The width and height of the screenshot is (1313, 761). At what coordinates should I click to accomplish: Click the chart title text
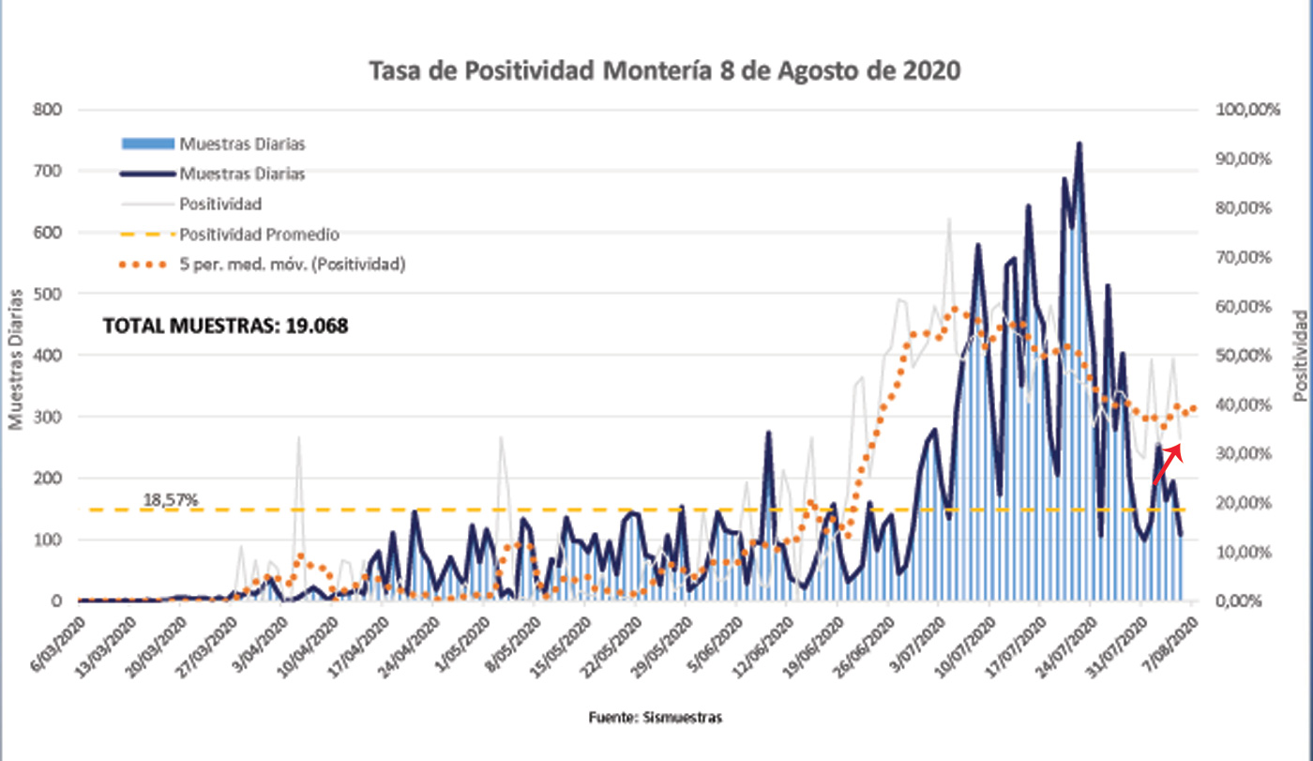665,71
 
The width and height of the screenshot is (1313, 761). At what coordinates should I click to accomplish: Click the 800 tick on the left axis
46,110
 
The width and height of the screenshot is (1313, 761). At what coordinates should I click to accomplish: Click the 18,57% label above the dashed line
171,500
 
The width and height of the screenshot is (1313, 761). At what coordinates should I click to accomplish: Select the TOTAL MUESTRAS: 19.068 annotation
225,327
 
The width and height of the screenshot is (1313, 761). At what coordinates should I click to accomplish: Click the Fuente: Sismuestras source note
656,718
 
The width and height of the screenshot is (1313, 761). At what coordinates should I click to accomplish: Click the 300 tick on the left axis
46,417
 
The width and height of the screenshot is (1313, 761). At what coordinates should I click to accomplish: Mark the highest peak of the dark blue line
1079,144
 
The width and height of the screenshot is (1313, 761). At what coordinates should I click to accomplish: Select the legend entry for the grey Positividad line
219,204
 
